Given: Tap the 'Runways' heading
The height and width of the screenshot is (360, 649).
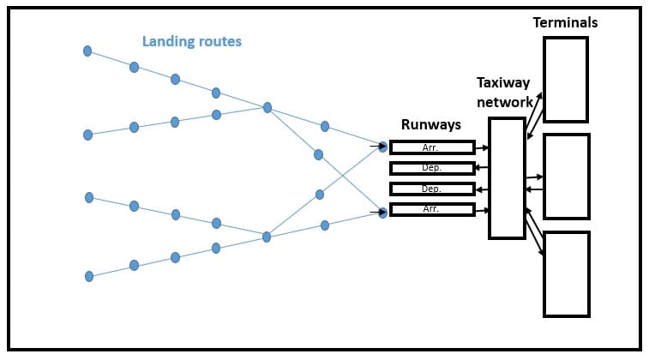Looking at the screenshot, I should (x=431, y=125).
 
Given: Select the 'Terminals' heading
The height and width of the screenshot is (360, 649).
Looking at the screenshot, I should (x=565, y=23).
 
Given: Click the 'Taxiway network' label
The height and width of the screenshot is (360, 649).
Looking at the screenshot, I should (x=504, y=93).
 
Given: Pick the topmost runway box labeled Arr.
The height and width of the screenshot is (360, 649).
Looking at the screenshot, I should (x=432, y=147).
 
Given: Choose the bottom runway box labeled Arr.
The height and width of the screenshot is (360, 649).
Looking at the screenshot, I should (x=432, y=209).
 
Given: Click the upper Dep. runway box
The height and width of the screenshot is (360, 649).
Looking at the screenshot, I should (x=432, y=168).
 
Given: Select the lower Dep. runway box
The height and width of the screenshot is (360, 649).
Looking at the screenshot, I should (x=432, y=189).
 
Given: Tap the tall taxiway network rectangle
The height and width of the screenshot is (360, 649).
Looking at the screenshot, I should (x=507, y=177).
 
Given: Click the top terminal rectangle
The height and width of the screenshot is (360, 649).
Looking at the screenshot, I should (x=566, y=80).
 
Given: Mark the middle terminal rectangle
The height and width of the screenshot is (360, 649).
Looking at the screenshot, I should (x=566, y=177).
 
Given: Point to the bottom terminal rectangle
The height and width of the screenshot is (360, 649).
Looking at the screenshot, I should (x=566, y=274).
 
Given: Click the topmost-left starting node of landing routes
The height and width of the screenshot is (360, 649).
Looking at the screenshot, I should (x=87, y=51).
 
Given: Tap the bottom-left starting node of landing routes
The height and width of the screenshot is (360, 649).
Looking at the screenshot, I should (x=89, y=276).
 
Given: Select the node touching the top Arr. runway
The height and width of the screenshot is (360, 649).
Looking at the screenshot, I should (x=383, y=147).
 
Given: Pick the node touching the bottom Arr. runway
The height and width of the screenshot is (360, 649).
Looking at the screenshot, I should (x=383, y=213).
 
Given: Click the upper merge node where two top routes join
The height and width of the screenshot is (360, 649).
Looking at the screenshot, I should (x=267, y=107).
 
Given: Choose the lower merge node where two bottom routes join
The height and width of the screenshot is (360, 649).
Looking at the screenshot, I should (x=267, y=237).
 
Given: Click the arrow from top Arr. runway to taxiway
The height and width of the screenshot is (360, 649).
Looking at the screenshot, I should (x=482, y=147).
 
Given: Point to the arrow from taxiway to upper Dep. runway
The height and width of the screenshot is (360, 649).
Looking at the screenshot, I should (x=482, y=168).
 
